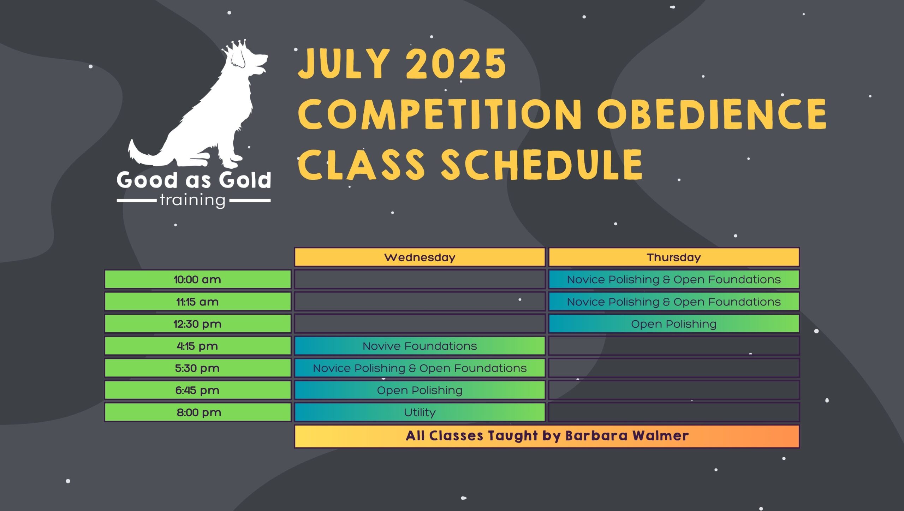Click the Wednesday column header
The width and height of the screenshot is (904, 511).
point(420,257)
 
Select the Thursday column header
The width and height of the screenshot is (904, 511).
point(673,257)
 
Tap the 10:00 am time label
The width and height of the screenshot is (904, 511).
point(197,279)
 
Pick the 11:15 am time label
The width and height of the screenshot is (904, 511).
point(197,302)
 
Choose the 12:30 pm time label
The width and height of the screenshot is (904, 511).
point(197,324)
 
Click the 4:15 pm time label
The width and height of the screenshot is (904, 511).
point(197,346)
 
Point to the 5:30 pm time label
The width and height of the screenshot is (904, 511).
point(197,368)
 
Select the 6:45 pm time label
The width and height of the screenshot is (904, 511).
point(197,390)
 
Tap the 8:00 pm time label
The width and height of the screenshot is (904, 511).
point(198,412)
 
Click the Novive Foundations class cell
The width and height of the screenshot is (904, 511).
point(420,346)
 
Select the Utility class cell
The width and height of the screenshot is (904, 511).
point(420,412)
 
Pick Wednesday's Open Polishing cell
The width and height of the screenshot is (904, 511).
point(420,390)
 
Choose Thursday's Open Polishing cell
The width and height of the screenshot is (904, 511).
point(673,324)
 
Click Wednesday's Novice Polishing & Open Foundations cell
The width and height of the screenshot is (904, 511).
point(420,368)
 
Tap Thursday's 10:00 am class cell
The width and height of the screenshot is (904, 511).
point(673,279)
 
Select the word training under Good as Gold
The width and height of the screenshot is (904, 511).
point(192,201)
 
